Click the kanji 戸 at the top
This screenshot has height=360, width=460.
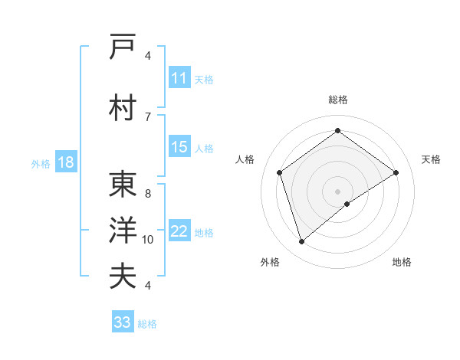123,47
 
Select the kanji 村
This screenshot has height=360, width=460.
123,108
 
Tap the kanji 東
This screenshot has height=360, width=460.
123,185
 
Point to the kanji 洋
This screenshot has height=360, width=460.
123,231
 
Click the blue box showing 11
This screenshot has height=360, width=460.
179,78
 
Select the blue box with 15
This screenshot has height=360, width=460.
179,147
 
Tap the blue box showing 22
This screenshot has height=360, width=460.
179,232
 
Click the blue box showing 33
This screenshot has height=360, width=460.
122,322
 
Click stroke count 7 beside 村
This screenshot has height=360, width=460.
147,116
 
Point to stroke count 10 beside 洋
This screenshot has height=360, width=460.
148,240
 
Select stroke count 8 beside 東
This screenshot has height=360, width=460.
147,194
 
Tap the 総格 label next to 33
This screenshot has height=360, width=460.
147,324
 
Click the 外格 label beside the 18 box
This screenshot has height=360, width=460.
40,163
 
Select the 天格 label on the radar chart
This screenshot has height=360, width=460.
431,159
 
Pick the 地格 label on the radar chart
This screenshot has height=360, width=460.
401,263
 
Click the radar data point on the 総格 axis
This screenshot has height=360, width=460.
337,131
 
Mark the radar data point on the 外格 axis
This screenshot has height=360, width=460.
302,242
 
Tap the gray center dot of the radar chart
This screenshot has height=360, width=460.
337,191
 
